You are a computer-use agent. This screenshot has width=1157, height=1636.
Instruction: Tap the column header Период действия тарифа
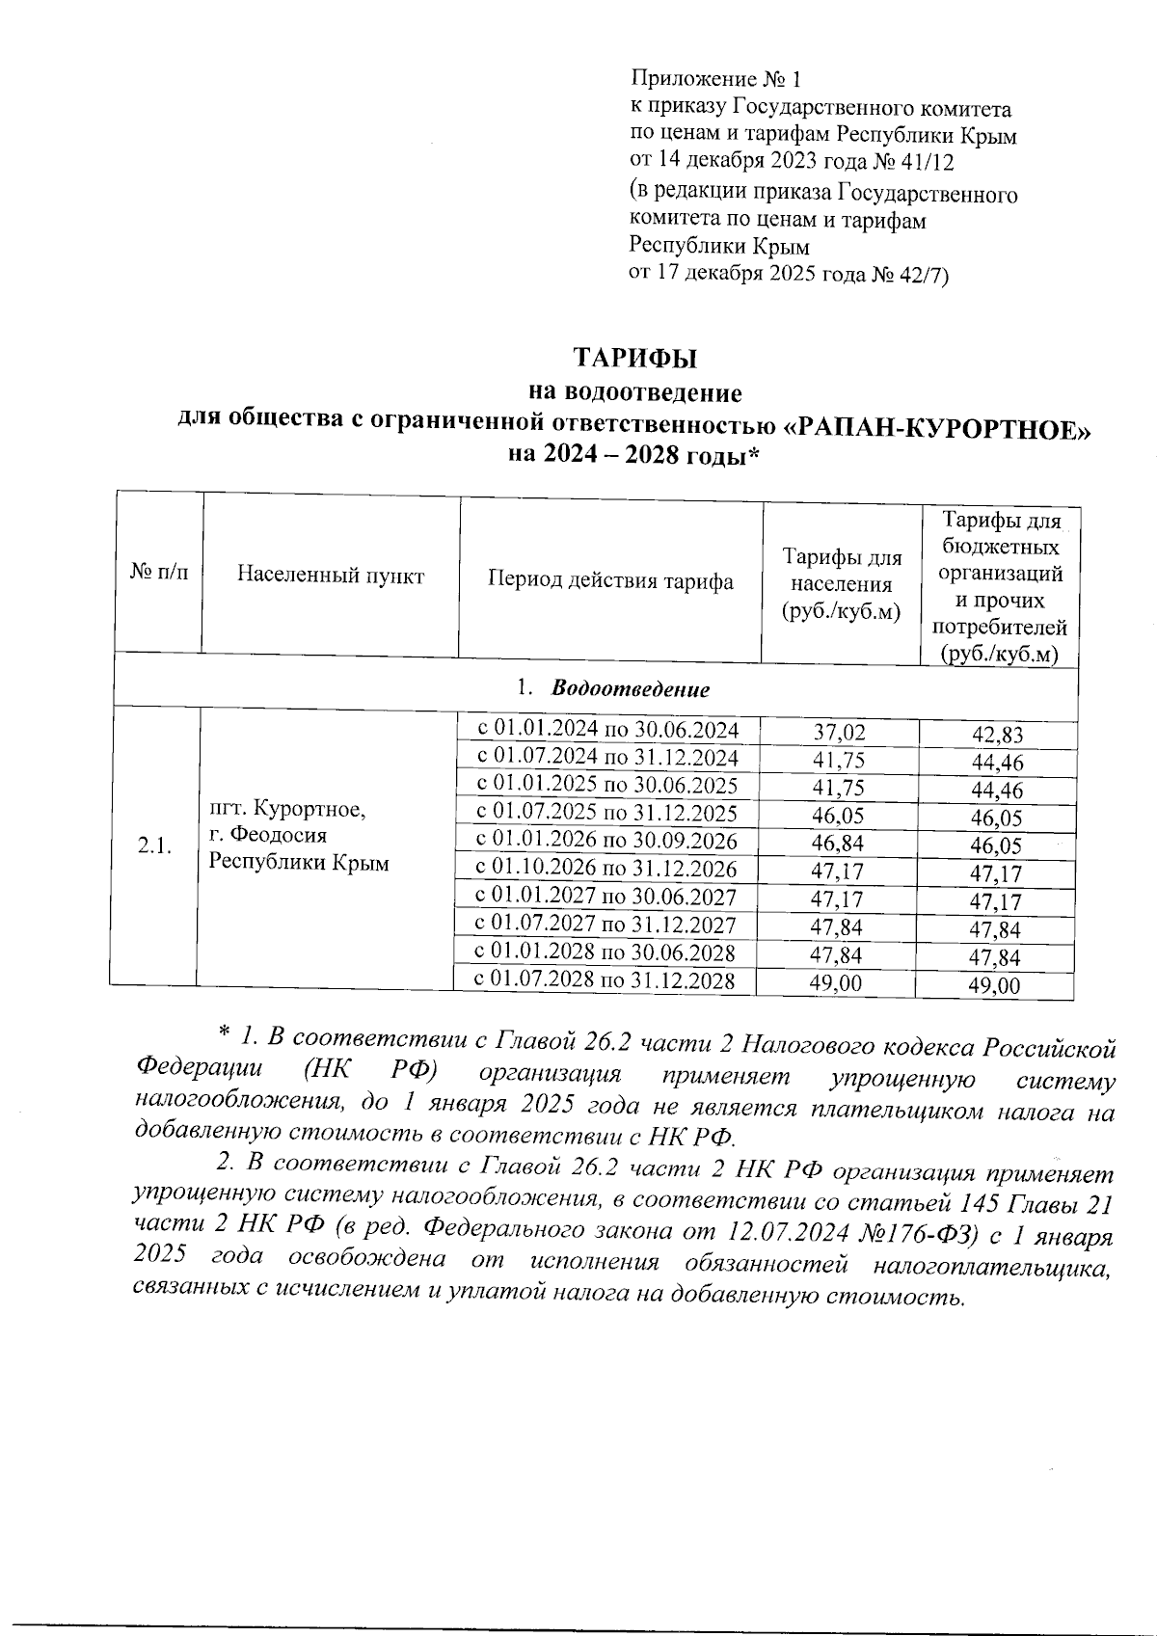[610, 580]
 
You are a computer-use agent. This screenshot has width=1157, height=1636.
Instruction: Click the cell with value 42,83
[997, 736]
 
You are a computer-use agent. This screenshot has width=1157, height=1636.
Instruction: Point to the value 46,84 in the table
[838, 845]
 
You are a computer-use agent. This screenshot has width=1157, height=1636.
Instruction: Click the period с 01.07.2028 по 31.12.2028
[605, 980]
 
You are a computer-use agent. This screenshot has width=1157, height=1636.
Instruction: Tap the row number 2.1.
[154, 846]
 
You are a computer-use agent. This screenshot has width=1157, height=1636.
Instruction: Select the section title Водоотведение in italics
[631, 689]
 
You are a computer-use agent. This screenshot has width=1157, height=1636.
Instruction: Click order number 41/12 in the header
[921, 161]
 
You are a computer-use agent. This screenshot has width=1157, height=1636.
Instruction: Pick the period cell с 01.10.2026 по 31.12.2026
[607, 869]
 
